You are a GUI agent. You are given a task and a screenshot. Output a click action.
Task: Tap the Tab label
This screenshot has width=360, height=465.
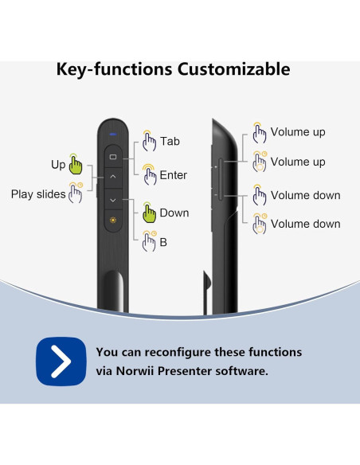click(x=170, y=141)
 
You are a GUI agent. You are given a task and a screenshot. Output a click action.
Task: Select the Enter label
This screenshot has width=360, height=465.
click(x=174, y=175)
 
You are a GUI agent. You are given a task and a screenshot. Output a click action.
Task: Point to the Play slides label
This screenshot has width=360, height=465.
click(x=38, y=194)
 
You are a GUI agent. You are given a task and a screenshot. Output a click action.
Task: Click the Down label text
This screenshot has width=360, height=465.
click(x=174, y=213)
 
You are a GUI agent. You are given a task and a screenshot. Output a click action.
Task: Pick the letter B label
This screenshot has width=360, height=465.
click(x=163, y=242)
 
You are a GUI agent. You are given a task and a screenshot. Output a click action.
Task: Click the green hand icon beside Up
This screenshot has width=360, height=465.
click(x=76, y=165)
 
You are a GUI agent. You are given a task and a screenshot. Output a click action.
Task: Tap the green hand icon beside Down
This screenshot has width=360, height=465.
click(x=149, y=213)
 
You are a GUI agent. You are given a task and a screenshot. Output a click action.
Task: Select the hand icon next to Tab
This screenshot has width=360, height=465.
click(x=149, y=142)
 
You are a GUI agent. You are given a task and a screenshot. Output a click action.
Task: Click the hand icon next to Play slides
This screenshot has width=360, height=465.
click(x=76, y=193)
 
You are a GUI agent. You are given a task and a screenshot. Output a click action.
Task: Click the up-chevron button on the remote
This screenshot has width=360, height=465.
click(x=113, y=176)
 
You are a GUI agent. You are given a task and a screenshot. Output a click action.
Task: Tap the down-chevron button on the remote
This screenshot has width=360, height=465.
click(x=113, y=200)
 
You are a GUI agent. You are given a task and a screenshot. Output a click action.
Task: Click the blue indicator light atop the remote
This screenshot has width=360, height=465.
click(x=113, y=133)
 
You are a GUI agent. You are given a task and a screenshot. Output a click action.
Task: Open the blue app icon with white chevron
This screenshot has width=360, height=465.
click(x=61, y=361)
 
